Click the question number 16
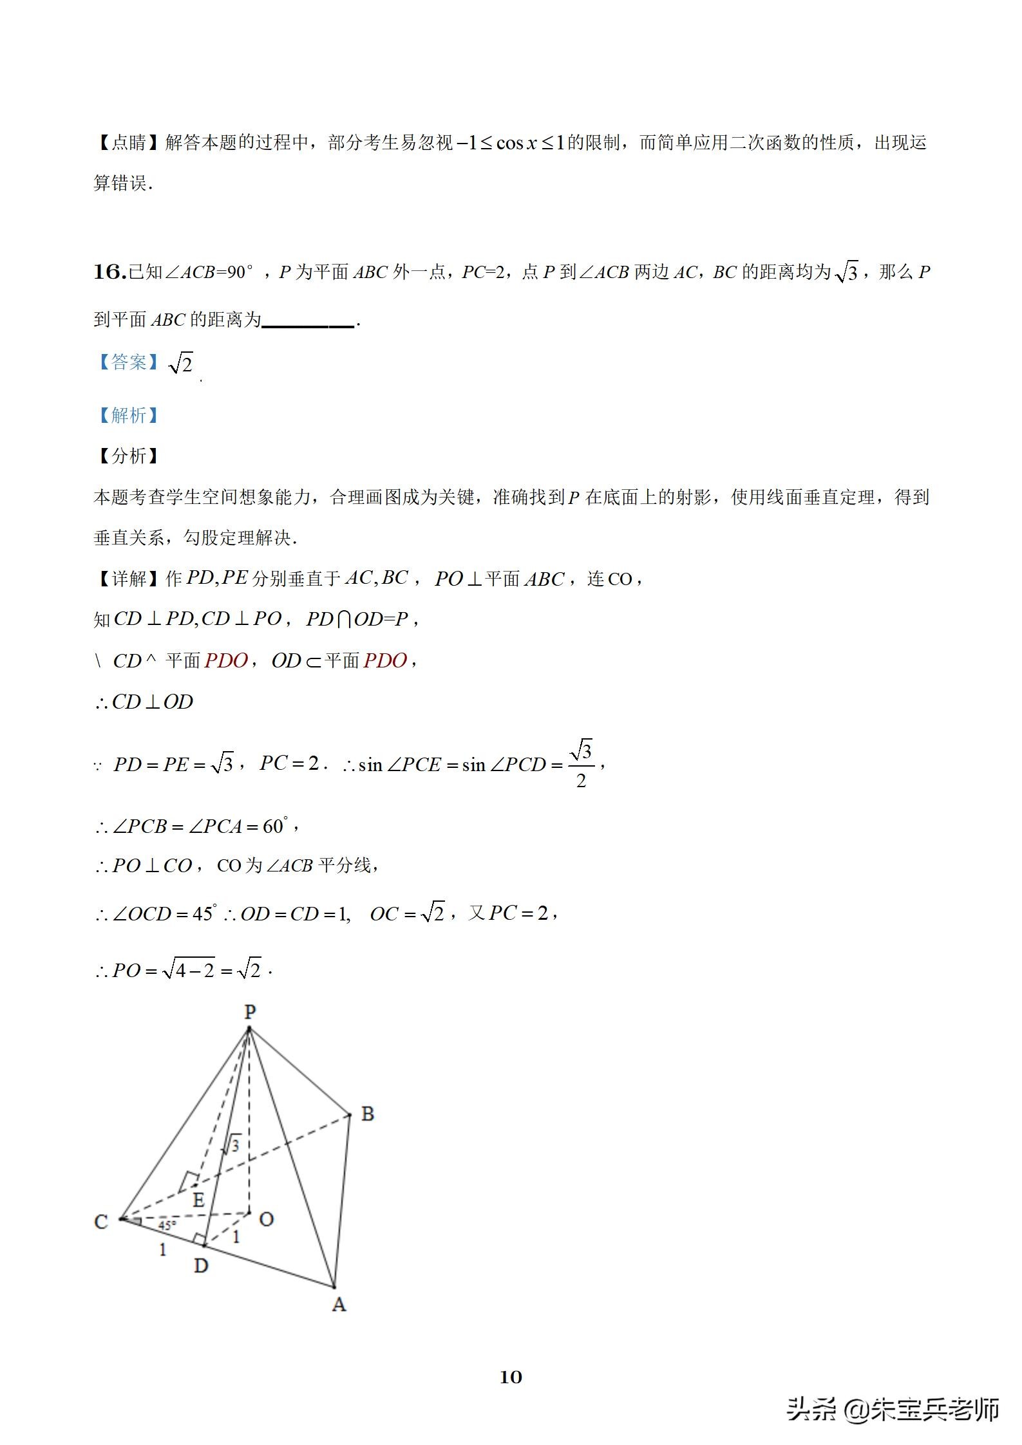pos(109,272)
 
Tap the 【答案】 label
pos(128,362)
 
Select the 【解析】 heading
pos(128,415)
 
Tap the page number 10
pos(511,1377)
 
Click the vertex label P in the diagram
pos(251,1012)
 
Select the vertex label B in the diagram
pos(368,1114)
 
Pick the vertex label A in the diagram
pos(339,1305)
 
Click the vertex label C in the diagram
pos(101,1221)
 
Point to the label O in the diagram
pos(266,1218)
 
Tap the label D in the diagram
pos(201,1265)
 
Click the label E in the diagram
pos(198,1199)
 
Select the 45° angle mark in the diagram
pos(167,1226)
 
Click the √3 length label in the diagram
pos(233,1144)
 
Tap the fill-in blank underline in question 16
pos(308,325)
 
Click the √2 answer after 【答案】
pos(181,364)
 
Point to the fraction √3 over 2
pos(582,764)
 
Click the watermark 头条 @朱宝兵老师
pos(892,1409)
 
